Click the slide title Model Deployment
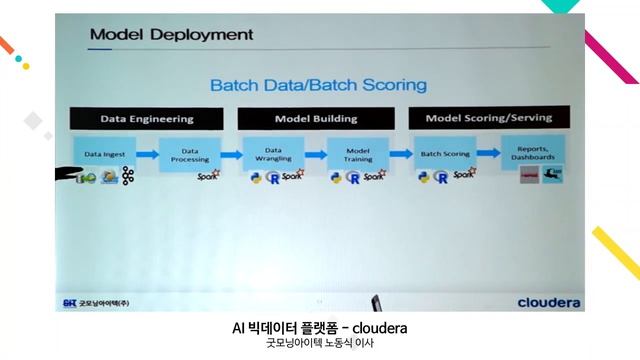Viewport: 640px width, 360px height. tap(171, 35)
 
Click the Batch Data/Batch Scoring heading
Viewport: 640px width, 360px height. tap(317, 85)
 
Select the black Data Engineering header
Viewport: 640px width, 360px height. tap(146, 118)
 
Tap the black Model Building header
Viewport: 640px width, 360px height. tap(315, 118)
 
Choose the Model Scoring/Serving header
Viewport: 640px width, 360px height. tap(488, 118)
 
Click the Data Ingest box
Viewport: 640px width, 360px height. tap(104, 155)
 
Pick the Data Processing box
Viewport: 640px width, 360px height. tap(189, 155)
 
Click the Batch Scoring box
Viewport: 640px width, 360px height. tap(445, 154)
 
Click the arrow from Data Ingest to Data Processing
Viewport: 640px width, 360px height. tap(147, 155)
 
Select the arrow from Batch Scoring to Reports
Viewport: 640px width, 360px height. tap(489, 154)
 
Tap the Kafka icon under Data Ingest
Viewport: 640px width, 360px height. tap(127, 178)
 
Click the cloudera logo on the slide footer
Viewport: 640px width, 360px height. tap(550, 301)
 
